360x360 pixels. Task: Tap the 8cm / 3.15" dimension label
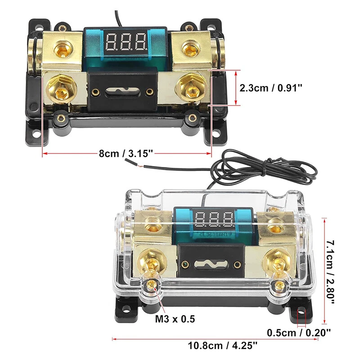point(127,154)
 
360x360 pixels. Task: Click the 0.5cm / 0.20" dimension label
point(299,333)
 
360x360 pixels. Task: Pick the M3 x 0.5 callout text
point(175,319)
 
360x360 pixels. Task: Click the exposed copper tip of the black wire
point(141,168)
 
